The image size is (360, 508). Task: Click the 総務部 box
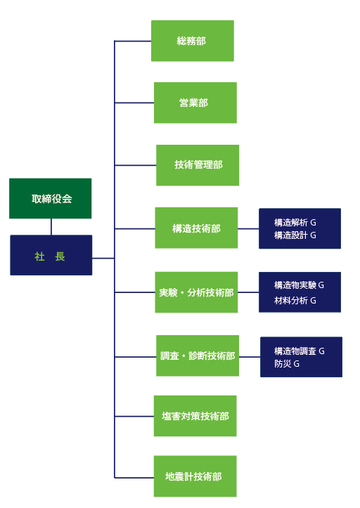pyautogui.click(x=193, y=41)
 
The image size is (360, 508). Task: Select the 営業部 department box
pyautogui.click(x=195, y=103)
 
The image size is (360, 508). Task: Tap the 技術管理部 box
pyautogui.click(x=198, y=165)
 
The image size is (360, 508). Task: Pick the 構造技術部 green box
pyautogui.click(x=196, y=228)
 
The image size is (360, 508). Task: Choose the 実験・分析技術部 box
pyautogui.click(x=196, y=292)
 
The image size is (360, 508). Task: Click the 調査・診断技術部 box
pyautogui.click(x=198, y=356)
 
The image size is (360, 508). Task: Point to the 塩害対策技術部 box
pyautogui.click(x=195, y=416)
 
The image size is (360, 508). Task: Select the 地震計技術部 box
pyautogui.click(x=195, y=476)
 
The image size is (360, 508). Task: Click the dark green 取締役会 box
pyautogui.click(x=50, y=198)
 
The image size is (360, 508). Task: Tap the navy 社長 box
pyautogui.click(x=51, y=255)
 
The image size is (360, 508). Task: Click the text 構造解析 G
pyautogui.click(x=295, y=223)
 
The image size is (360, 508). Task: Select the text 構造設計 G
pyautogui.click(x=295, y=235)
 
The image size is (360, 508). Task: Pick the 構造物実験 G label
pyautogui.click(x=299, y=285)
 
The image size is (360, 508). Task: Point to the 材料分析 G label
pyautogui.click(x=295, y=301)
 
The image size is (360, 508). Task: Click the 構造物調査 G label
pyautogui.click(x=299, y=351)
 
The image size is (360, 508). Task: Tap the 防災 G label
pyautogui.click(x=287, y=364)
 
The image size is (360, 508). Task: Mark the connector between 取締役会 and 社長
pyautogui.click(x=51, y=227)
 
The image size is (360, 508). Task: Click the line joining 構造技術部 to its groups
pyautogui.click(x=248, y=229)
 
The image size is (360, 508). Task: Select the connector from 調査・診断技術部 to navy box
pyautogui.click(x=250, y=357)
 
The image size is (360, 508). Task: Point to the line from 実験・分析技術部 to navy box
pyautogui.click(x=248, y=292)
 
